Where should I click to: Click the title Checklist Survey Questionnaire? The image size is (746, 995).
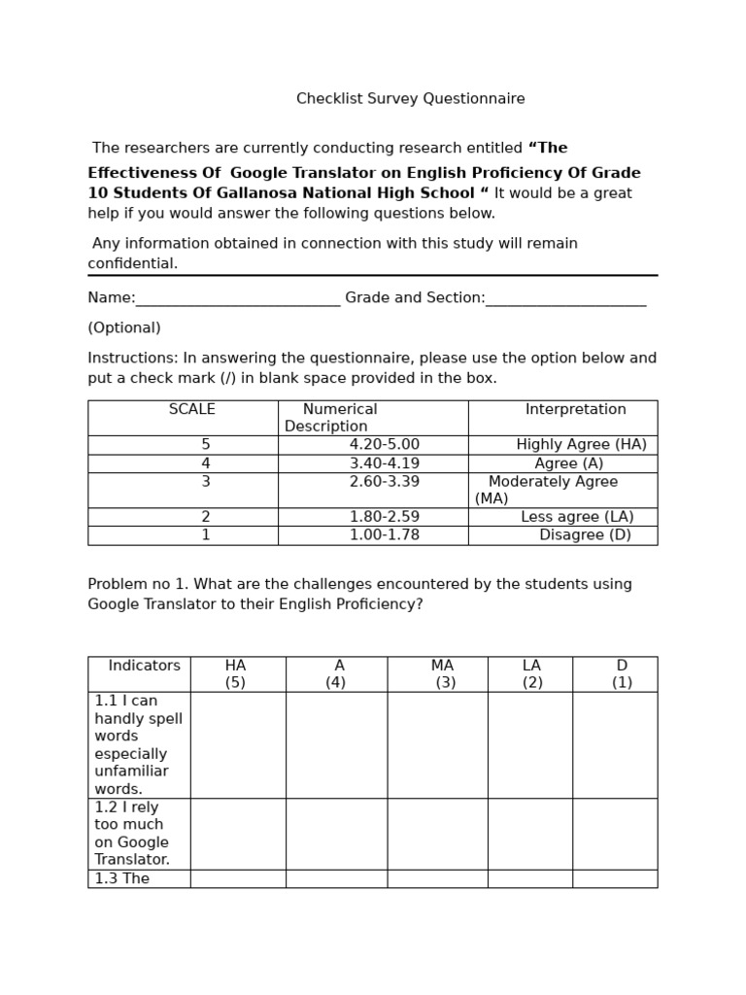tap(410, 99)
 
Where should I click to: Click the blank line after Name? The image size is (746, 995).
tap(238, 299)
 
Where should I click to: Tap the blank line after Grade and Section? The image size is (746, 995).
tap(565, 299)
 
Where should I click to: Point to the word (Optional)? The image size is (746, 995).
tap(124, 328)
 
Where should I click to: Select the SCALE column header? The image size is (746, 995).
tap(192, 410)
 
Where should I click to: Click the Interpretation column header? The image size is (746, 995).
tap(575, 410)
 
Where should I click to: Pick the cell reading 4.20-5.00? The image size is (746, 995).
tap(385, 445)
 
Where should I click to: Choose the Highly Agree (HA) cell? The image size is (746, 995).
tap(581, 445)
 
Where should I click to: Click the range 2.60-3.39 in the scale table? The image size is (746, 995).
tap(385, 482)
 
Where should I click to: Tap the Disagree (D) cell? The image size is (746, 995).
tap(585, 535)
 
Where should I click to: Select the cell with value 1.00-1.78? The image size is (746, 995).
tap(385, 535)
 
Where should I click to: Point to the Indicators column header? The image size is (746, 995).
tap(144, 667)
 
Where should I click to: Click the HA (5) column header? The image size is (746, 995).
tap(236, 674)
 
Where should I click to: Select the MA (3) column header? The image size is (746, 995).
tap(443, 674)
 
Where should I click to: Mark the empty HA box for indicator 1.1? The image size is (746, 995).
tap(238, 745)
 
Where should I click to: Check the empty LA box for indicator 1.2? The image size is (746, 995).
tap(530, 834)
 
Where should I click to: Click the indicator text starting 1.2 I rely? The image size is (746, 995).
tap(132, 834)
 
